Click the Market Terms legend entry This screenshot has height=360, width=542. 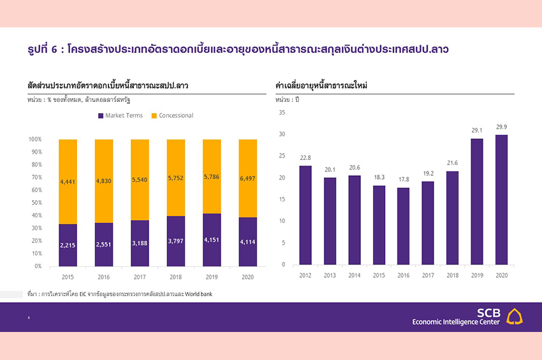click(x=124, y=115)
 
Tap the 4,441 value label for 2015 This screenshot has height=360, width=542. click(x=68, y=182)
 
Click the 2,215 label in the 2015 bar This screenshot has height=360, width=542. click(x=68, y=245)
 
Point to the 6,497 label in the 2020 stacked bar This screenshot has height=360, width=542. click(x=247, y=178)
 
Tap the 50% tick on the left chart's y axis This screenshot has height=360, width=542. click(x=35, y=203)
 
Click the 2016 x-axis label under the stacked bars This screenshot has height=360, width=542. click(x=103, y=277)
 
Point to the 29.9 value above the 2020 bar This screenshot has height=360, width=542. click(x=501, y=127)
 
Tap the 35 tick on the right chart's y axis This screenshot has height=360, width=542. click(x=282, y=112)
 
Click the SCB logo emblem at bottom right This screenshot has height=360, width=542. click(x=515, y=317)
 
